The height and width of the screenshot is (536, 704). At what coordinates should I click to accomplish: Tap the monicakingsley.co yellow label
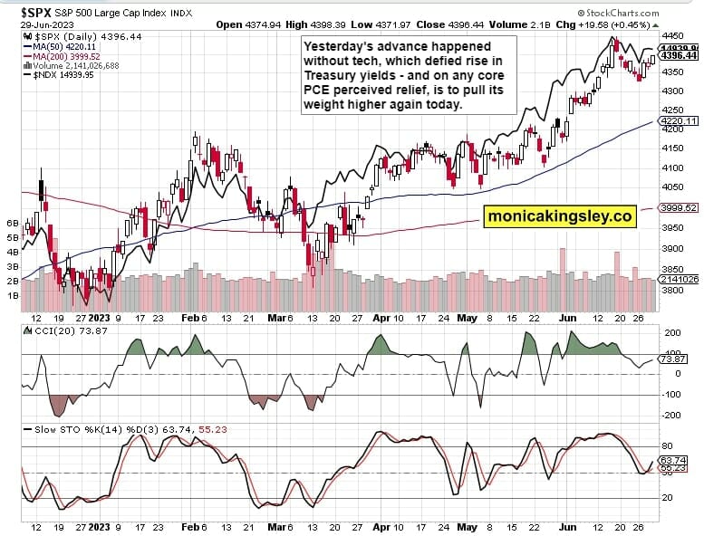559,216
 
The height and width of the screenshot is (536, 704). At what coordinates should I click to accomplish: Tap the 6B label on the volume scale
13,222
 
